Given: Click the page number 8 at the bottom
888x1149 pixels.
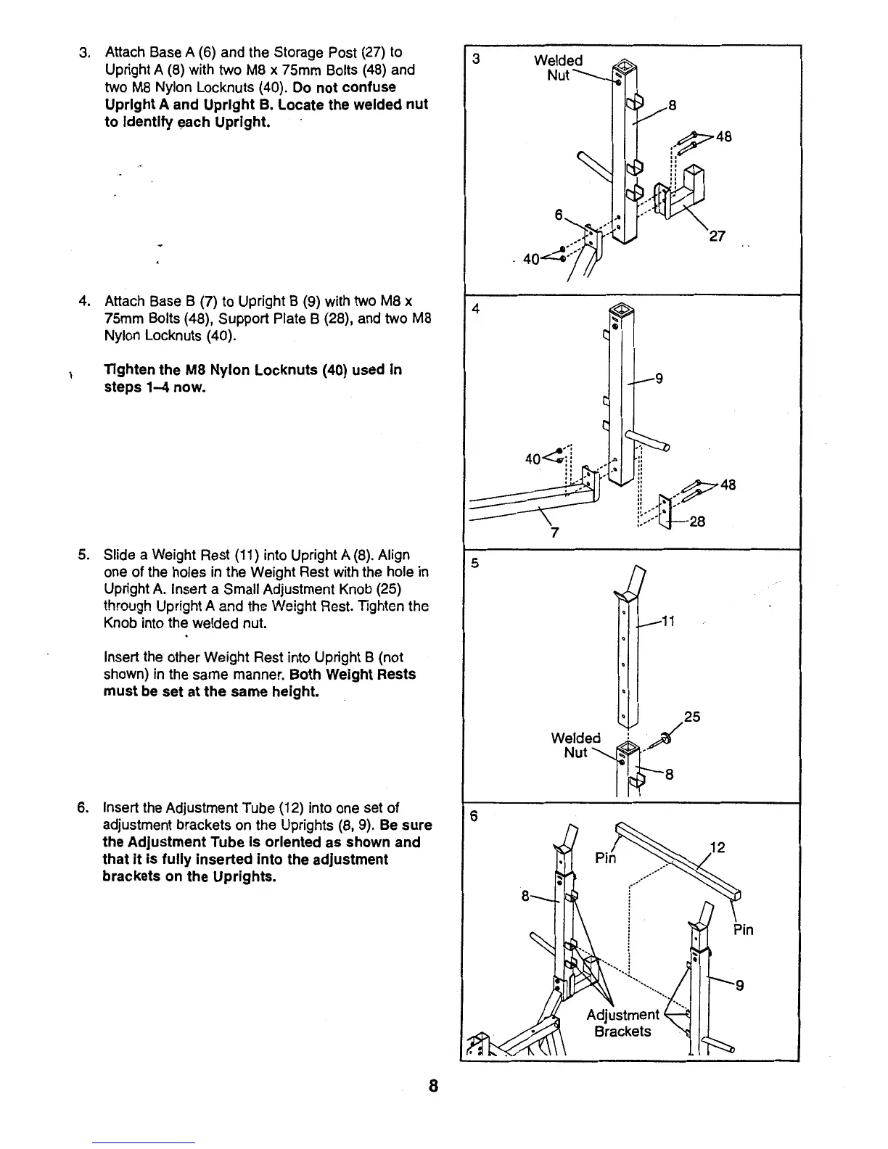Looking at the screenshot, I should coord(433,1086).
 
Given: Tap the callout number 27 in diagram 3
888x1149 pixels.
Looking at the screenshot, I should coord(717,236).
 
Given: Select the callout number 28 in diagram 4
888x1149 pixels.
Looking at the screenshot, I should coord(697,521).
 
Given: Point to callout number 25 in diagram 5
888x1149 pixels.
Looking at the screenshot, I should coord(692,717).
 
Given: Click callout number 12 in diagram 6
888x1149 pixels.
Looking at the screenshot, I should coord(718,847).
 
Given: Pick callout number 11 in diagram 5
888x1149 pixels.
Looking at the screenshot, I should coord(668,621).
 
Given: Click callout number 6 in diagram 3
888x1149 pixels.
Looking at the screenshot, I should coord(559,215).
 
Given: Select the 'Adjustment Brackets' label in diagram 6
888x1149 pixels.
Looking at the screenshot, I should coord(622,1023).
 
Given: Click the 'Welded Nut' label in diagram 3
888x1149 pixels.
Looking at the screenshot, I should coord(558,67).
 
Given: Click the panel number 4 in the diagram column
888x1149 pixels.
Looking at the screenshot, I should coord(476,309).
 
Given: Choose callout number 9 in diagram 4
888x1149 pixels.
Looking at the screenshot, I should coord(659,377).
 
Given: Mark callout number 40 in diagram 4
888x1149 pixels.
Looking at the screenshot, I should coord(533,458).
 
